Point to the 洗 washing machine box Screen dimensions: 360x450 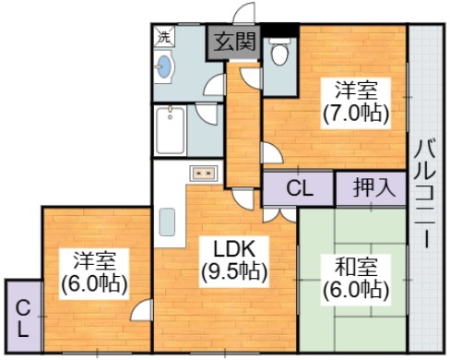pos(162,38)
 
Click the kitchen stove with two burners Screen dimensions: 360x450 pos(202,172)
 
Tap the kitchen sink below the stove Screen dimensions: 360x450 pos(167,223)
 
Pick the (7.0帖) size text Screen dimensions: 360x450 pos(355,114)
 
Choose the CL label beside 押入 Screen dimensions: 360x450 pos(298,189)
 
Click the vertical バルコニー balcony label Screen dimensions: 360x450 pos(425,192)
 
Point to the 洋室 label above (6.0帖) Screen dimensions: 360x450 pos(96,259)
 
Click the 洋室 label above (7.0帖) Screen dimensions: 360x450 pos(355,91)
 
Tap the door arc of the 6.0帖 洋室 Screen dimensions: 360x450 pos(141,311)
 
